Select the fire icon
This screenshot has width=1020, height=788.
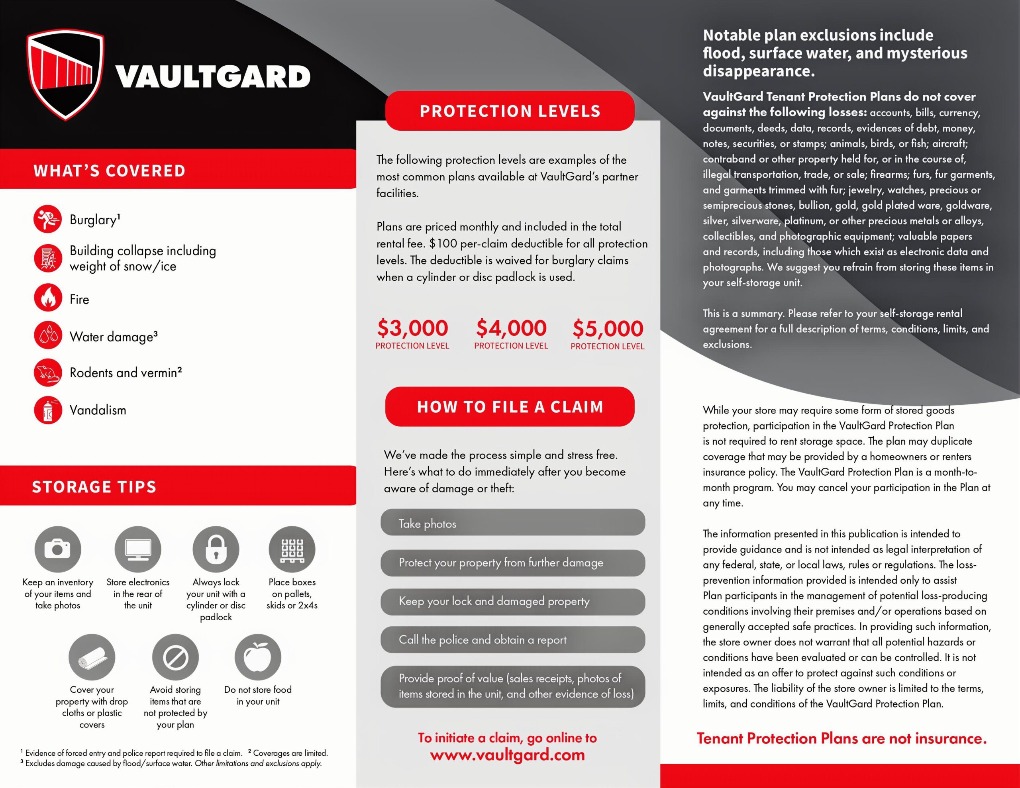coord(48,298)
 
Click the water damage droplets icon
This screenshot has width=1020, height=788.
coord(48,335)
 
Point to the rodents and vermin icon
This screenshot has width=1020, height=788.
coord(48,372)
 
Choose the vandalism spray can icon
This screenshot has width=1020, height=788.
coord(48,410)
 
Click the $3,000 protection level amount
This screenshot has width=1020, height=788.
coord(412,328)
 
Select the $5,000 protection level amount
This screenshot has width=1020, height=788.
coord(608,328)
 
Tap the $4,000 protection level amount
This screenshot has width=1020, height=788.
coord(511,328)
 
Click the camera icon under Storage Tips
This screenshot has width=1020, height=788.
coord(57,549)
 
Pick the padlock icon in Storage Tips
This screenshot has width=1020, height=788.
coord(216,549)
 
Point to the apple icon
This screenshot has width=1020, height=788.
coord(258,657)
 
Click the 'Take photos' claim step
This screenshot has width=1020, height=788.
coord(512,523)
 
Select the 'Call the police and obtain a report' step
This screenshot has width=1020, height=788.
coord(512,639)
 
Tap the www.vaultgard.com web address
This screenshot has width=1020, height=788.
coord(507,755)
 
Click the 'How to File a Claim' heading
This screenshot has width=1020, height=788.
coord(510,406)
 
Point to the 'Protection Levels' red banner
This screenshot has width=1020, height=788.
coord(510,111)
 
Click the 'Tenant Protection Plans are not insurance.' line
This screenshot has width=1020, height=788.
coord(841,739)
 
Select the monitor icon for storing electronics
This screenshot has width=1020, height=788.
coord(138,549)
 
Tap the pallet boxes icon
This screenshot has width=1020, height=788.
coord(292,549)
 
